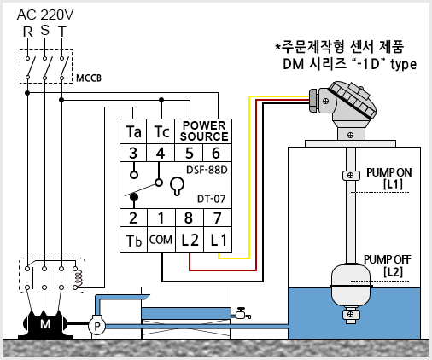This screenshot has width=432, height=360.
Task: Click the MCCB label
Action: tap(89, 78)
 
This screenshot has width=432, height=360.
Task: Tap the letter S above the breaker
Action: tap(44, 30)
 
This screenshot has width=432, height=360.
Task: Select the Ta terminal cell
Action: tap(133, 131)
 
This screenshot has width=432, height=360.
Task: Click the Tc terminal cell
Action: tap(161, 131)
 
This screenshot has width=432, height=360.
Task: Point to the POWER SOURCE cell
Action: tap(203, 131)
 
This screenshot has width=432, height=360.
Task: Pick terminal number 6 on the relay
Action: tap(217, 153)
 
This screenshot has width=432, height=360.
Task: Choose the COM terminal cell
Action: tap(161, 240)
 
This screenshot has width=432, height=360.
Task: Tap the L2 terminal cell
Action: tap(190, 240)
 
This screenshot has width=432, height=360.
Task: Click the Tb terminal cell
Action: tap(133, 240)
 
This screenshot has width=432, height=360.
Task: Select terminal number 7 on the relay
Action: tap(218, 218)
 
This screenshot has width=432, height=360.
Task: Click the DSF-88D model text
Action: tap(207, 170)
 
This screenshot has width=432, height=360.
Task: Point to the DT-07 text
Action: tap(212, 199)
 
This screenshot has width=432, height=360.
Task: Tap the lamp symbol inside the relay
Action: tap(177, 186)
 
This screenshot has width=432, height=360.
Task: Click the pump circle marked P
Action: tap(96, 326)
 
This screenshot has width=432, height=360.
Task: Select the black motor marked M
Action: tap(45, 324)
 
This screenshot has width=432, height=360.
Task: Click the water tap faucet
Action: tap(242, 313)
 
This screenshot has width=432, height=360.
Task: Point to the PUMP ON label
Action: tap(389, 172)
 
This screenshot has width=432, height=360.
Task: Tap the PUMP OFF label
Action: tap(387, 259)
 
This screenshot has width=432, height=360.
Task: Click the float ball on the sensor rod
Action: tap(351, 286)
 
